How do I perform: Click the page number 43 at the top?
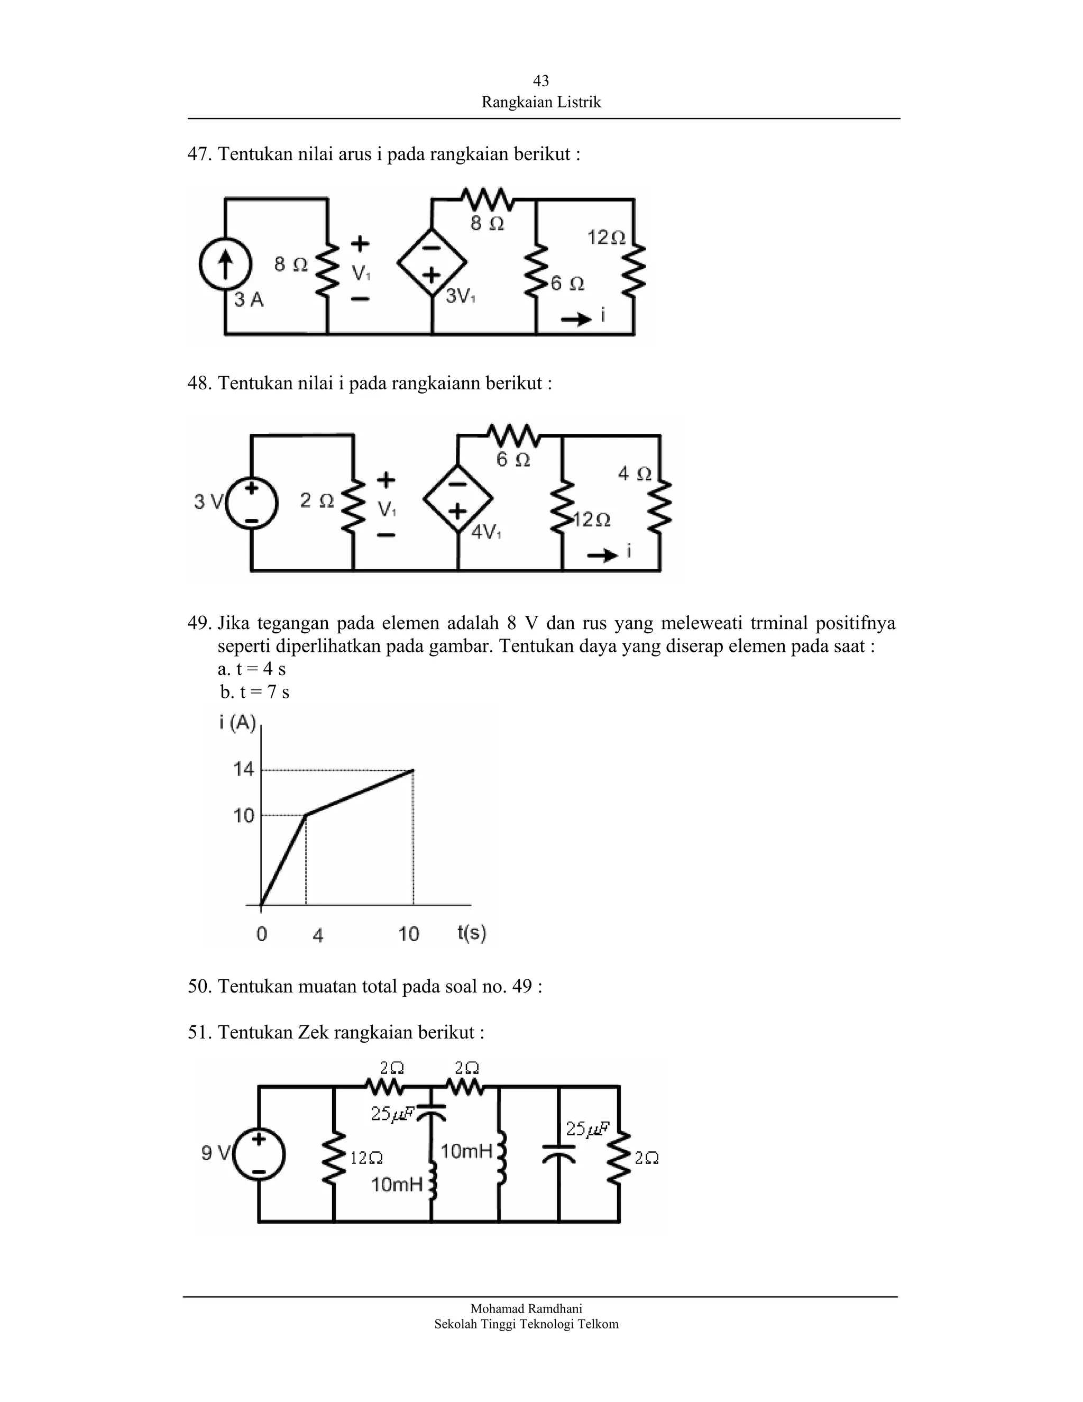(541, 80)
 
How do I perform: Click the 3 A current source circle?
(225, 265)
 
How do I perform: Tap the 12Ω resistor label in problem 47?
(607, 238)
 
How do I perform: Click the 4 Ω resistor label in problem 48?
(635, 474)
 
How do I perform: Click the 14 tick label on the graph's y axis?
(244, 769)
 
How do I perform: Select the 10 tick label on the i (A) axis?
(244, 815)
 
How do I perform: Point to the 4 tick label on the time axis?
(318, 935)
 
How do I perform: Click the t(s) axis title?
(472, 932)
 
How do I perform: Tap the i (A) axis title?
(237, 723)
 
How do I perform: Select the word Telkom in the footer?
(598, 1324)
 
